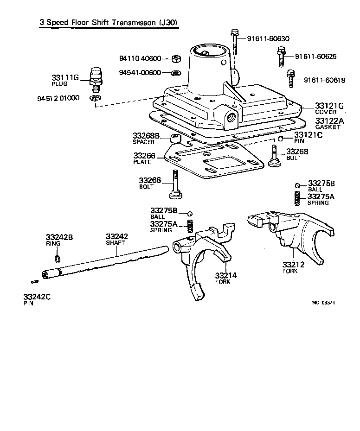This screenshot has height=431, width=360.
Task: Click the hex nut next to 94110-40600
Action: pyautogui.click(x=176, y=58)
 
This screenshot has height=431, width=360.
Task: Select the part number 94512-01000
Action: pyautogui.click(x=58, y=98)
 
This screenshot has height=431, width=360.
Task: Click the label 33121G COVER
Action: pyautogui.click(x=329, y=108)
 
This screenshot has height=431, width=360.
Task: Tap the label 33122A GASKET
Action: pyautogui.click(x=330, y=123)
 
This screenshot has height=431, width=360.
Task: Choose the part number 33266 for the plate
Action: pyautogui.click(x=144, y=156)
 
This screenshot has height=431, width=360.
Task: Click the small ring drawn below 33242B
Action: pyautogui.click(x=57, y=258)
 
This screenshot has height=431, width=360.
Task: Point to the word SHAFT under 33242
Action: pyautogui.click(x=116, y=242)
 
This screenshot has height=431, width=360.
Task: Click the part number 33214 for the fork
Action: pyautogui.click(x=226, y=275)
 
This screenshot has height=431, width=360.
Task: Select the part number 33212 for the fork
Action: pyautogui.click(x=293, y=265)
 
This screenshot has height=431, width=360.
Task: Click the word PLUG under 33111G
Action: pyautogui.click(x=59, y=84)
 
